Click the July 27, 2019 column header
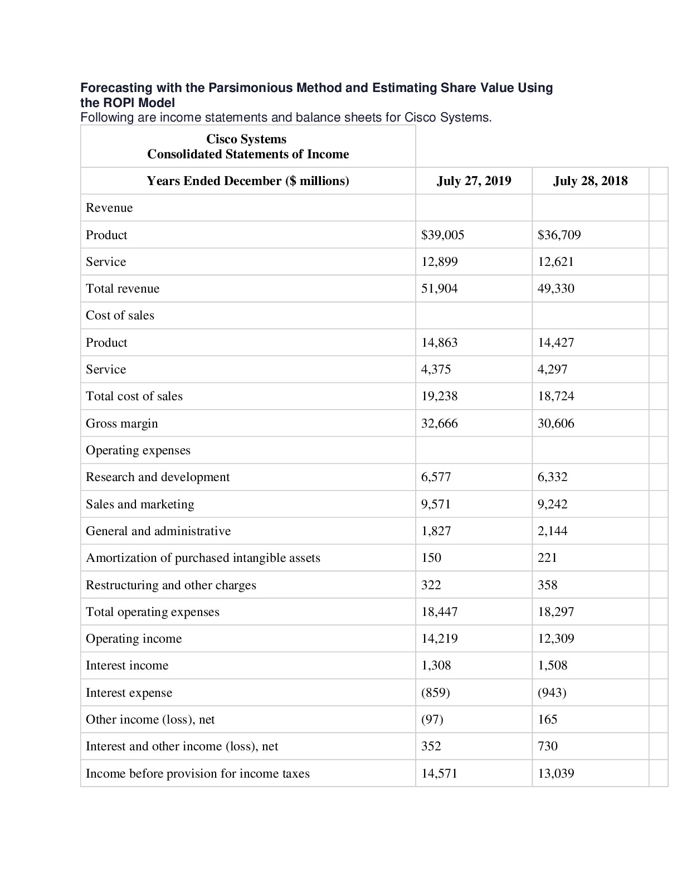pos(474,181)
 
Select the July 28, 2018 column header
pos(590,181)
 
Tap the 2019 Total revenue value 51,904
pos(439,288)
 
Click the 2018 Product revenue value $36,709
pos(559,235)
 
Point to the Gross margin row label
pos(121,423)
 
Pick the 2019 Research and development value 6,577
pos(436,477)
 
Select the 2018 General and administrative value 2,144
pos(552,531)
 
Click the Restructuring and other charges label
pos(170,585)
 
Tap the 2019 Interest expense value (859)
pos(435,692)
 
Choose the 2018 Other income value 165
pos(547,719)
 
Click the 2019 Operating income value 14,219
pos(439,638)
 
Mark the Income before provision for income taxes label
pos(197,773)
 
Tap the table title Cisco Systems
pos(246,139)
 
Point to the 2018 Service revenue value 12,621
pos(556,261)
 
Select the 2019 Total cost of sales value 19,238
pos(439,396)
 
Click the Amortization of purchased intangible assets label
pos(203,557)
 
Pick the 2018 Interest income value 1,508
pos(552,665)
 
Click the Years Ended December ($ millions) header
pos(247,181)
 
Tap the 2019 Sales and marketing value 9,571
pos(436,504)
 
